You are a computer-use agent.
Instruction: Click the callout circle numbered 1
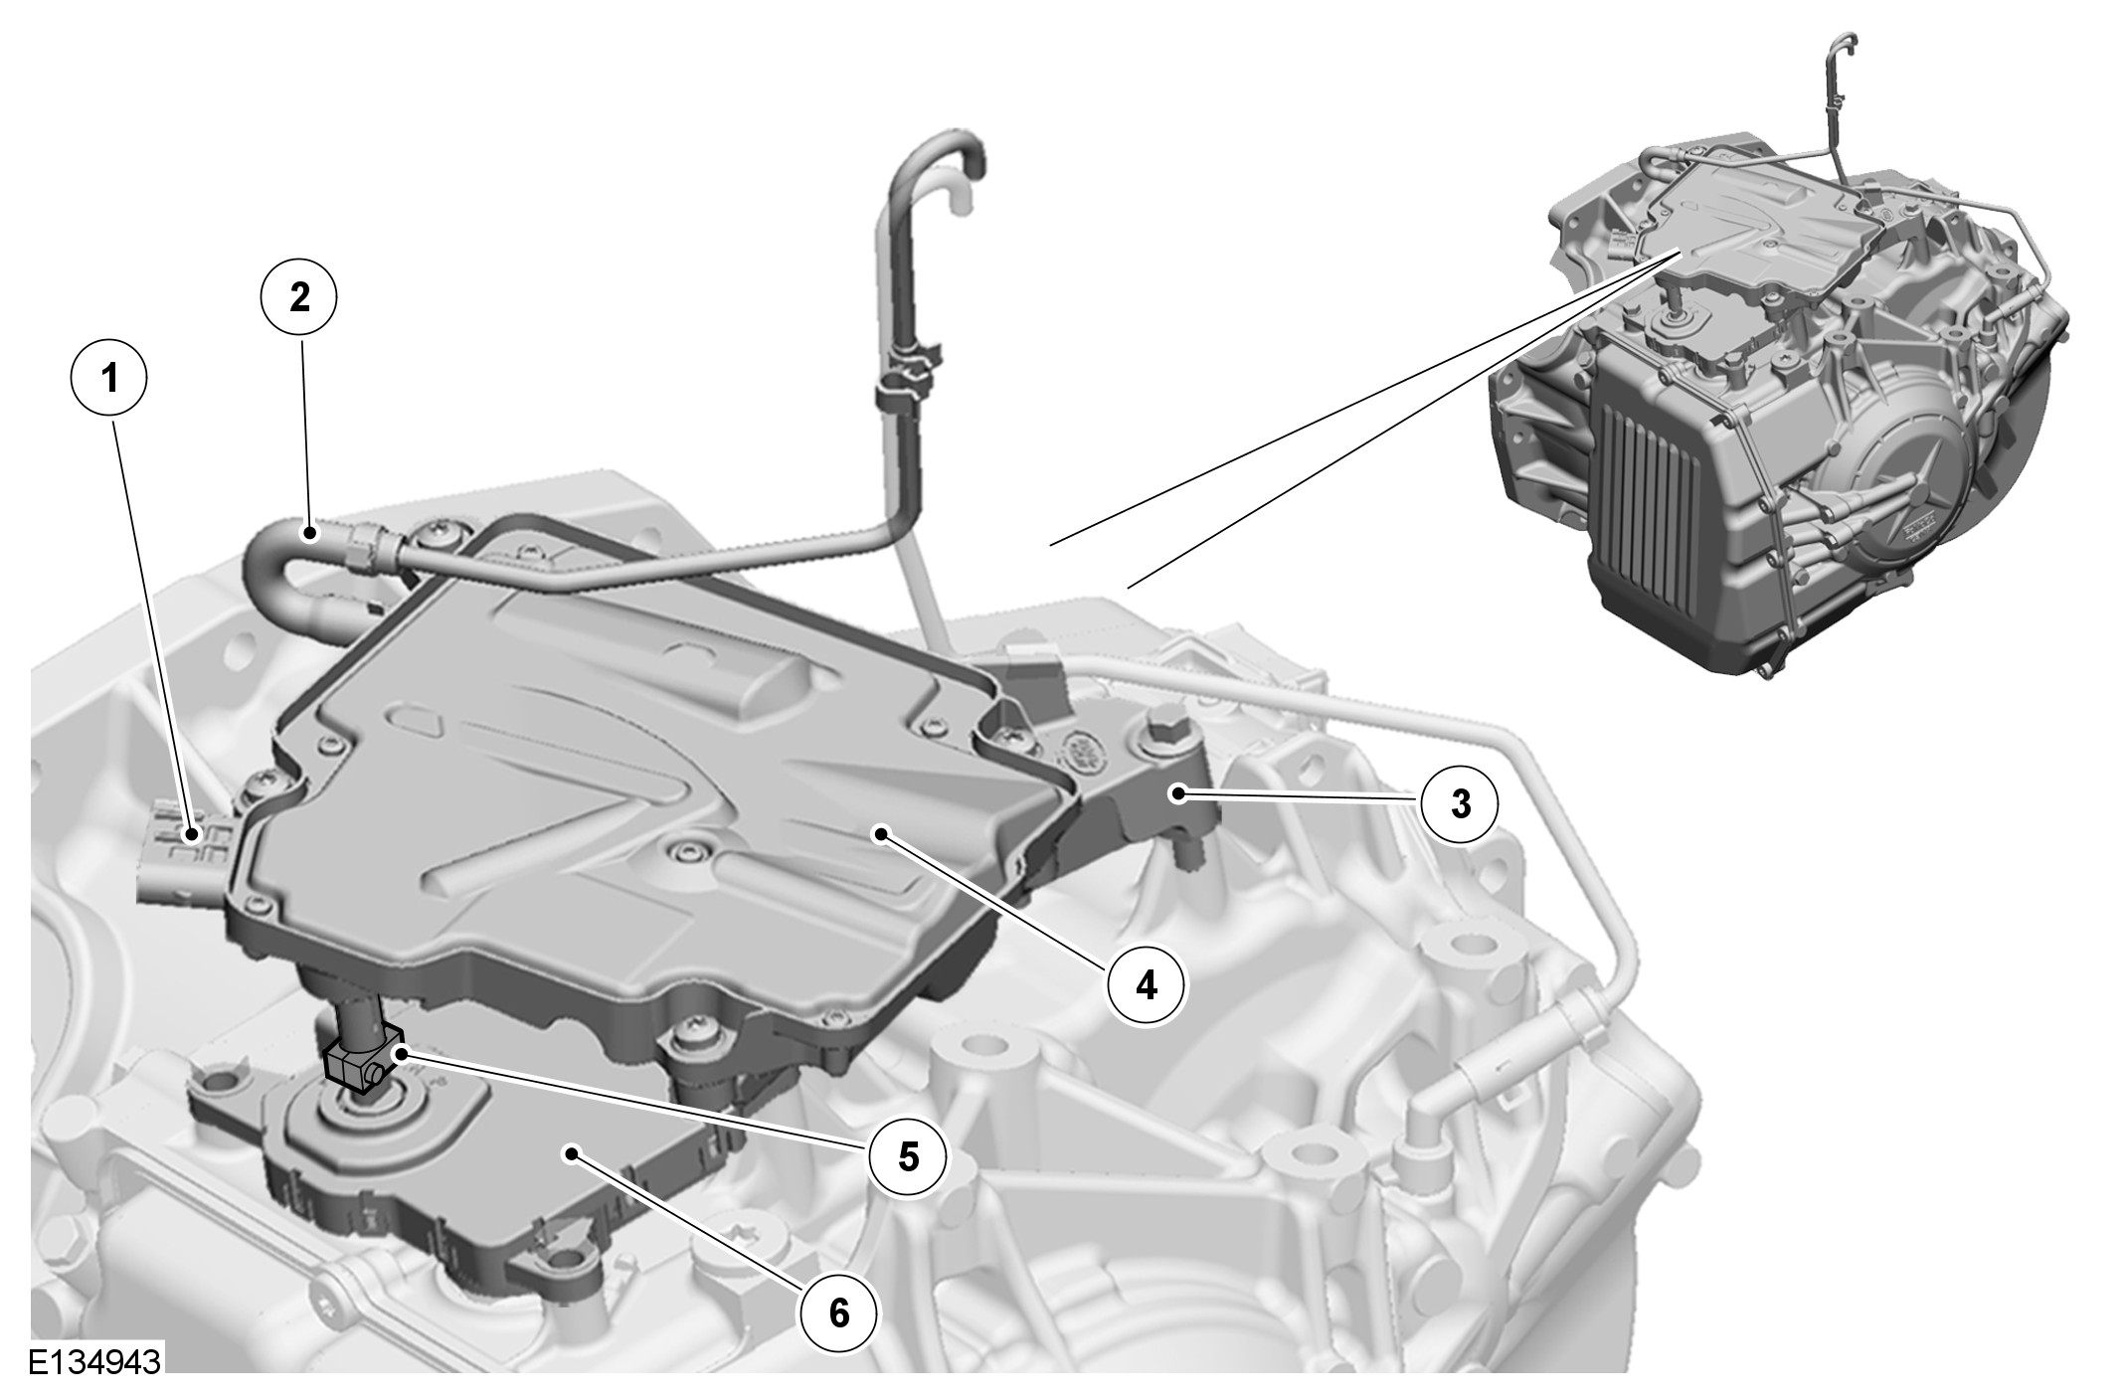tap(109, 378)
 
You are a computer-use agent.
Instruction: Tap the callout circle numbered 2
tap(299, 297)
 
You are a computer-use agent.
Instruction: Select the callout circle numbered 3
tap(1460, 803)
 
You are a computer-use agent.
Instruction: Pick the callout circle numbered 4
tap(1148, 984)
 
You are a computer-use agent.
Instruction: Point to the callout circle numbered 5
tap(908, 1155)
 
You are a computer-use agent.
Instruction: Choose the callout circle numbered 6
tap(839, 1312)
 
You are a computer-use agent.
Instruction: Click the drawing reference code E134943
tap(94, 1361)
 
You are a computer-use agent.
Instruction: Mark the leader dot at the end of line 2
tap(312, 535)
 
